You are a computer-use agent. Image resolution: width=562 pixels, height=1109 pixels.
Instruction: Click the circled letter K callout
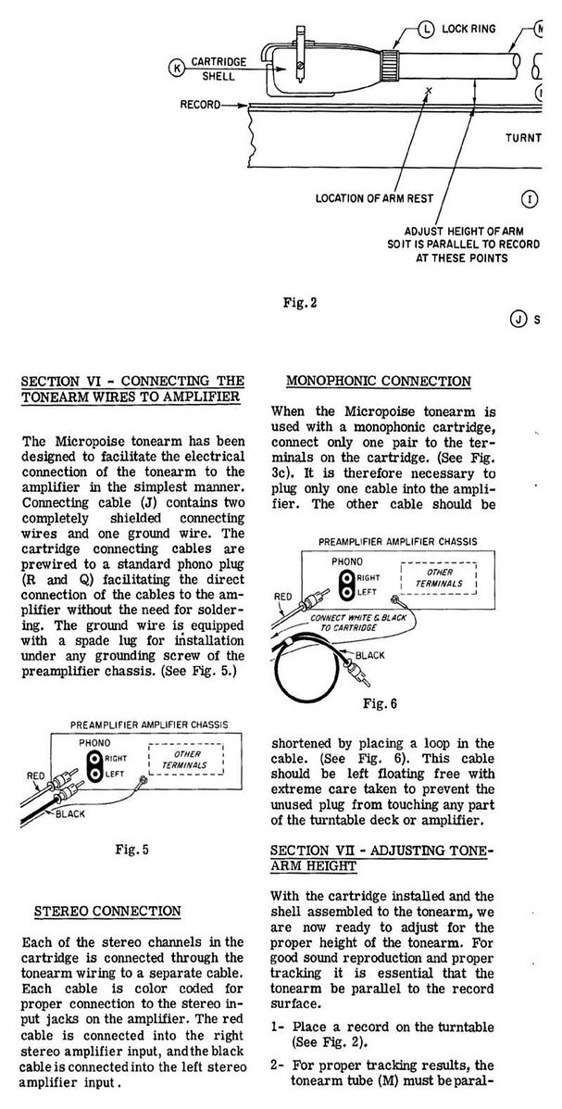tap(177, 67)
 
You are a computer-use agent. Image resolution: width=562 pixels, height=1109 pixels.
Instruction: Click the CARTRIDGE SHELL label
tap(219, 69)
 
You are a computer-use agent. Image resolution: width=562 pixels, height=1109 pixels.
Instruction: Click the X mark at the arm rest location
tap(428, 91)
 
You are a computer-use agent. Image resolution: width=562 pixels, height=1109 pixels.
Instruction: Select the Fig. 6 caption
tap(387, 702)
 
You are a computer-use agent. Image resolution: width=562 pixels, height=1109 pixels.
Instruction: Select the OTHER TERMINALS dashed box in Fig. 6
tap(440, 578)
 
